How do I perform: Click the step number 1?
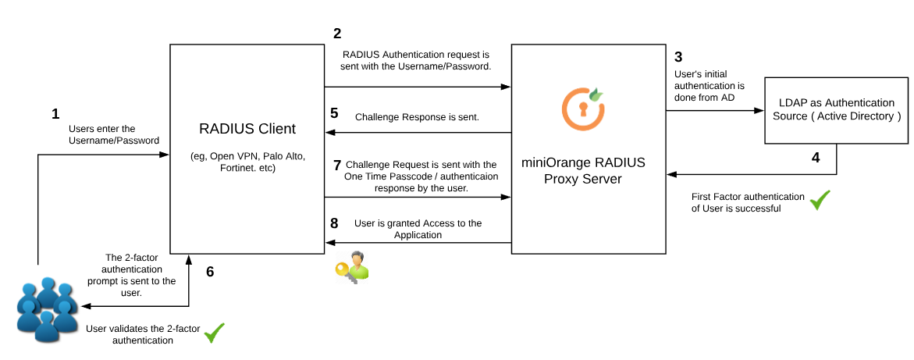[x=55, y=114]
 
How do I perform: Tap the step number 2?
[x=336, y=34]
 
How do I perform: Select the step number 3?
[x=677, y=57]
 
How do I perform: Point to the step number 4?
[x=816, y=157]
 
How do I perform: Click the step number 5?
[x=335, y=113]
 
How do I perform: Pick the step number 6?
[x=210, y=272]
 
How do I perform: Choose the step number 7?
[x=336, y=165]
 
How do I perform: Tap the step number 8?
[x=335, y=223]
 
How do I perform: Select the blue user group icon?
[x=47, y=309]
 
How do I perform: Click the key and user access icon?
[x=351, y=266]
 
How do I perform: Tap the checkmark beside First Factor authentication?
[x=820, y=201]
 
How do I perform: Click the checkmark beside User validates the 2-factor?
[x=214, y=333]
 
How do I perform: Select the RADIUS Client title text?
[x=247, y=128]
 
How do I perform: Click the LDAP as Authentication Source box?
[x=836, y=109]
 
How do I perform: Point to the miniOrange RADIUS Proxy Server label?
[x=583, y=171]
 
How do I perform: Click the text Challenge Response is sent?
[x=417, y=117]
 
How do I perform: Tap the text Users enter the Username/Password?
[x=113, y=134]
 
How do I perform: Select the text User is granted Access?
[x=417, y=229]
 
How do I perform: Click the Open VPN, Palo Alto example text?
[x=247, y=162]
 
